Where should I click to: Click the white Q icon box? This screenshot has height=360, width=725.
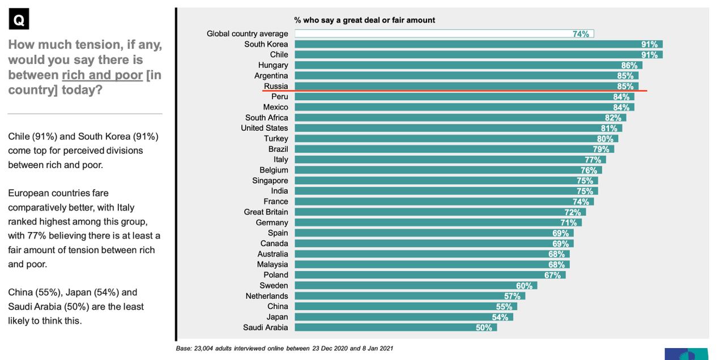[x=19, y=20]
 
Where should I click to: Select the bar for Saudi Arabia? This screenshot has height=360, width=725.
[x=395, y=327]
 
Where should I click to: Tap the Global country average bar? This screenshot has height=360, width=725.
[x=443, y=34]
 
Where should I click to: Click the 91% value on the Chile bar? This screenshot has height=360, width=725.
[x=649, y=55]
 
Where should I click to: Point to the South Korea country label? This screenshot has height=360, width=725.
[x=266, y=44]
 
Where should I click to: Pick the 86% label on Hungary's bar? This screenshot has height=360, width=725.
[x=629, y=66]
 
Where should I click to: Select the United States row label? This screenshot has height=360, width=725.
[x=264, y=128]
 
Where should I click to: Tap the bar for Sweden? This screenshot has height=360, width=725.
[x=415, y=285]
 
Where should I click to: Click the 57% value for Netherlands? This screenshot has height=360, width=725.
[x=512, y=296]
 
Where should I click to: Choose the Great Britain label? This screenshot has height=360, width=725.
[x=266, y=212]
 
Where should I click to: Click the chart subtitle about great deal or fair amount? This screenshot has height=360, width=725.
[x=364, y=20]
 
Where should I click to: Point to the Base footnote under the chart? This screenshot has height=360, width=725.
[x=284, y=348]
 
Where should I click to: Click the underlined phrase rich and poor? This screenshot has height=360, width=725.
[x=102, y=75]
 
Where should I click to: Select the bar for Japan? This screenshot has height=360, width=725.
[x=403, y=317]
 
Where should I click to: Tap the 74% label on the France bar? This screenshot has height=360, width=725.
[x=581, y=202]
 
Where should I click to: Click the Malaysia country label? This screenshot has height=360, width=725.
[x=272, y=264]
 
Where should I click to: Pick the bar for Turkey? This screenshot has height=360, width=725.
[x=456, y=139]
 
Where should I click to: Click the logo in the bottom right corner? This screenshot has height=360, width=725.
[x=686, y=354]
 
